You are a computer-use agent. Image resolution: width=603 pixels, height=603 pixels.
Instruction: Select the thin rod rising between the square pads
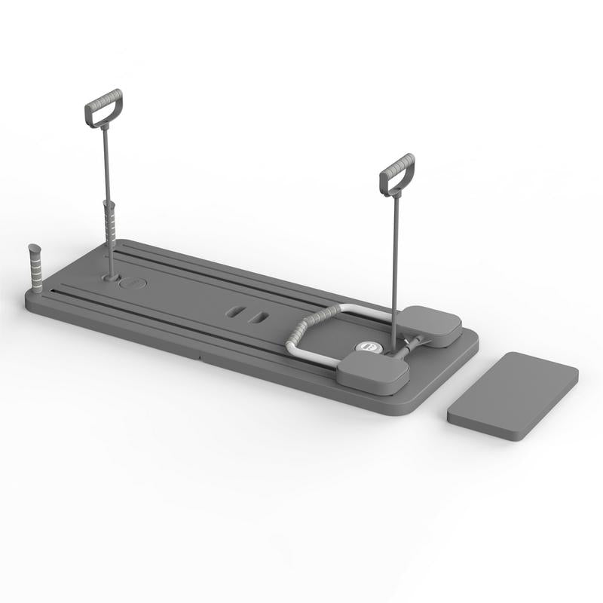coord(393,271)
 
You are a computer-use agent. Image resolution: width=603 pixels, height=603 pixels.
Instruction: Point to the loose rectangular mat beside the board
coord(513,396)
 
